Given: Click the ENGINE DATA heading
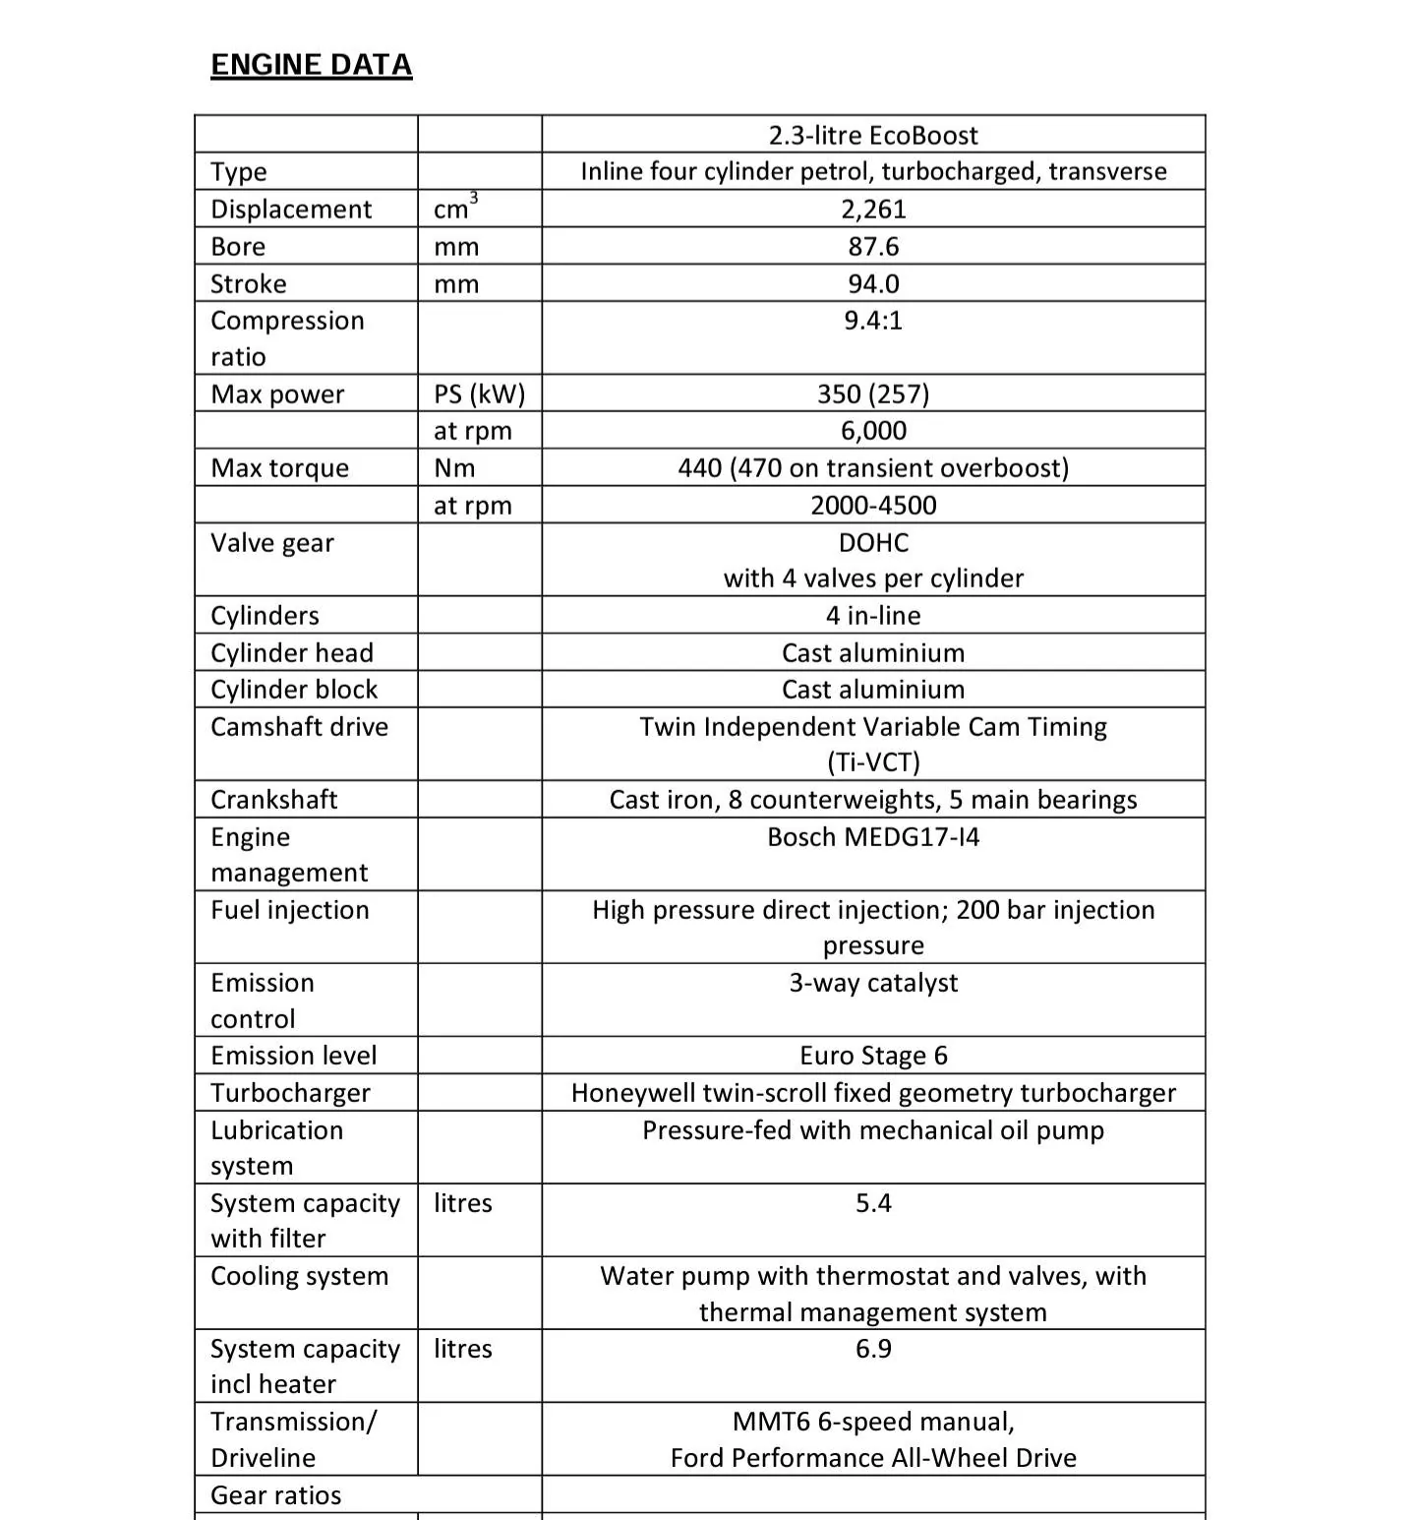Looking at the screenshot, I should pyautogui.click(x=311, y=65).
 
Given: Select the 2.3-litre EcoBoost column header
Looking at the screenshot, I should pyautogui.click(x=873, y=135).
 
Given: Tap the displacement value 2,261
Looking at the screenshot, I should pyautogui.click(x=873, y=209).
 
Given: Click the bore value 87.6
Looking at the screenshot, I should pyautogui.click(x=873, y=246).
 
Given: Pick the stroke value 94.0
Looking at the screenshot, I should pyautogui.click(x=873, y=283).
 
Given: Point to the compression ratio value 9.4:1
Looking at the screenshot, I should pyautogui.click(x=873, y=321).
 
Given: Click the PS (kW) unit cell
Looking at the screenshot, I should pyautogui.click(x=479, y=394).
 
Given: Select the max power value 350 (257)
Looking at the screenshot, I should pyautogui.click(x=873, y=394).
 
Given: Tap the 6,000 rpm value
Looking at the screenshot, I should pyautogui.click(x=873, y=431).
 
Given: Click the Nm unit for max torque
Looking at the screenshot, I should pyautogui.click(x=454, y=468).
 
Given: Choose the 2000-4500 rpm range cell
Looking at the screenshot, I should pyautogui.click(x=873, y=506).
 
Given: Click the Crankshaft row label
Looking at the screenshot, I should pyautogui.click(x=273, y=799).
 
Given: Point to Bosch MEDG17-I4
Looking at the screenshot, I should pyautogui.click(x=873, y=836).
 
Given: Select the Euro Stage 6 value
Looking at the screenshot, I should pyautogui.click(x=873, y=1056).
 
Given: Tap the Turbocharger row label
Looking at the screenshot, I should pyautogui.click(x=290, y=1093).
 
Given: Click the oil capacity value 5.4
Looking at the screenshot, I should pyautogui.click(x=873, y=1202).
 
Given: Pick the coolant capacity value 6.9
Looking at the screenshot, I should pyautogui.click(x=873, y=1348).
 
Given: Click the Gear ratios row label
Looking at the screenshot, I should pyautogui.click(x=275, y=1495).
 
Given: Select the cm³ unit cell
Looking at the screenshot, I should pyautogui.click(x=454, y=209).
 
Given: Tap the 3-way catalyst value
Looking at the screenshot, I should pyautogui.click(x=873, y=982).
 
